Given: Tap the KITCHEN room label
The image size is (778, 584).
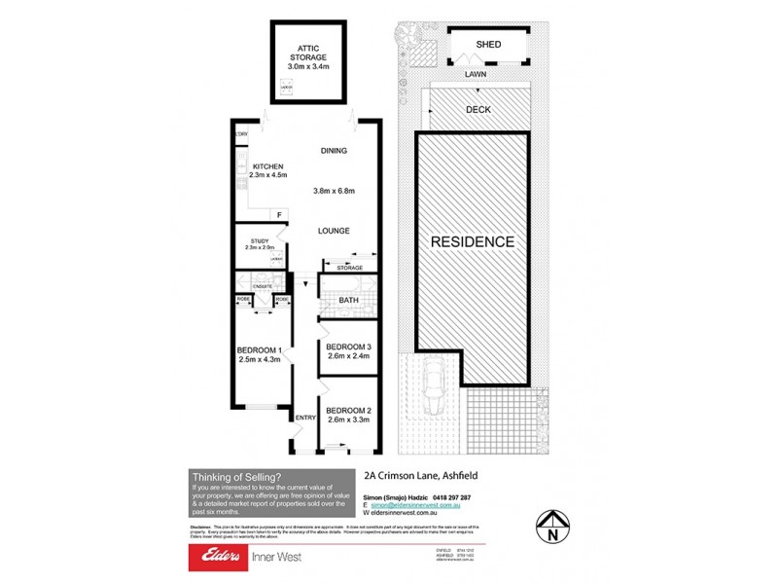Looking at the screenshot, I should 266,166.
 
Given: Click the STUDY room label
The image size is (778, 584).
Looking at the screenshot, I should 259,240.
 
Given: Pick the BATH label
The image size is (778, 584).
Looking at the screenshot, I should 348,301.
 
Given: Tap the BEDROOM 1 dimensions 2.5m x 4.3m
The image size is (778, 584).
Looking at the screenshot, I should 259,360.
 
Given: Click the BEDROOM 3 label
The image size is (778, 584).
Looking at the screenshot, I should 349,347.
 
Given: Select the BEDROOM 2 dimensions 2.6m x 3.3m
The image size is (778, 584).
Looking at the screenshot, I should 349,420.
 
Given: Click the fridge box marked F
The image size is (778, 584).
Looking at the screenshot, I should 279,214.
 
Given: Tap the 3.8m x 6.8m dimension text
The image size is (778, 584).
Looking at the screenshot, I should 334,190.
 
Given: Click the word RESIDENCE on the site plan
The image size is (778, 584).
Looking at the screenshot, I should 473,240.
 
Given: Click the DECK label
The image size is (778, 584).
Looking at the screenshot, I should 477,110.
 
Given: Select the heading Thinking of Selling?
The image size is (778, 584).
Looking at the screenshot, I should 237,476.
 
